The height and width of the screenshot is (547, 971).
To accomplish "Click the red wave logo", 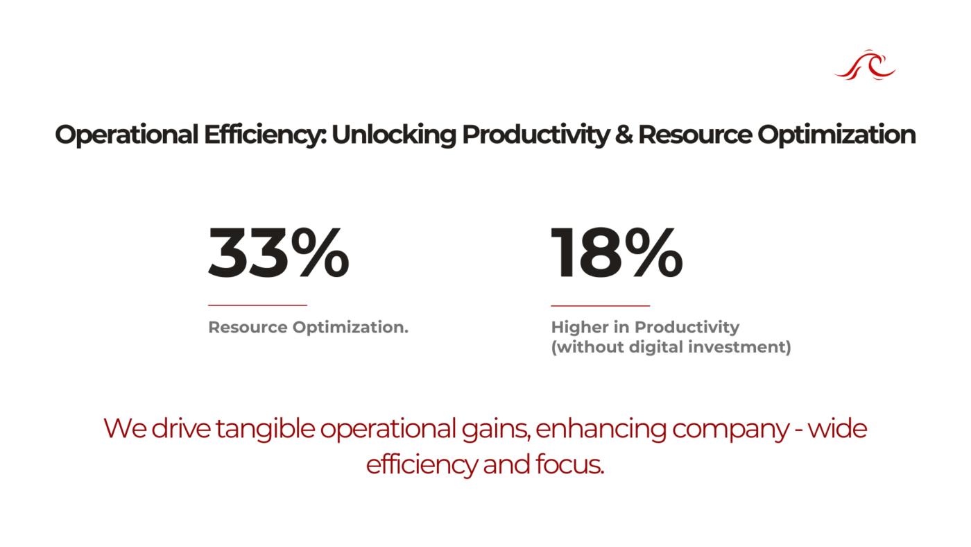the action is coord(865,65).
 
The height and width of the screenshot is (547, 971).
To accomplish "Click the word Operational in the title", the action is coord(126,135).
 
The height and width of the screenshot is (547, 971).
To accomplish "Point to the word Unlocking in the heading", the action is coord(394,135).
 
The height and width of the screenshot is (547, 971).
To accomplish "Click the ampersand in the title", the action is coord(624,135).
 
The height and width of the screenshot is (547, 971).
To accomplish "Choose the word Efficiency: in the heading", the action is coord(265,135).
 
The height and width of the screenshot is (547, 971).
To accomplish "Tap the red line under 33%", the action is coord(257,305).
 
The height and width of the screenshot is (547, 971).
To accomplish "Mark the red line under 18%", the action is coord(601,306).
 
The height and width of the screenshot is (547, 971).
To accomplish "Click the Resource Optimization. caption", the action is coord(308,327).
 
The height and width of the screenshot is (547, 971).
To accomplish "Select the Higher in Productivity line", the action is coord(645,327).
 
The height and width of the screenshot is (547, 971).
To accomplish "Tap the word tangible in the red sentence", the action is coord(265,428).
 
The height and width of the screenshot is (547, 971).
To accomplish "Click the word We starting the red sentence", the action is coord(125,428).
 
